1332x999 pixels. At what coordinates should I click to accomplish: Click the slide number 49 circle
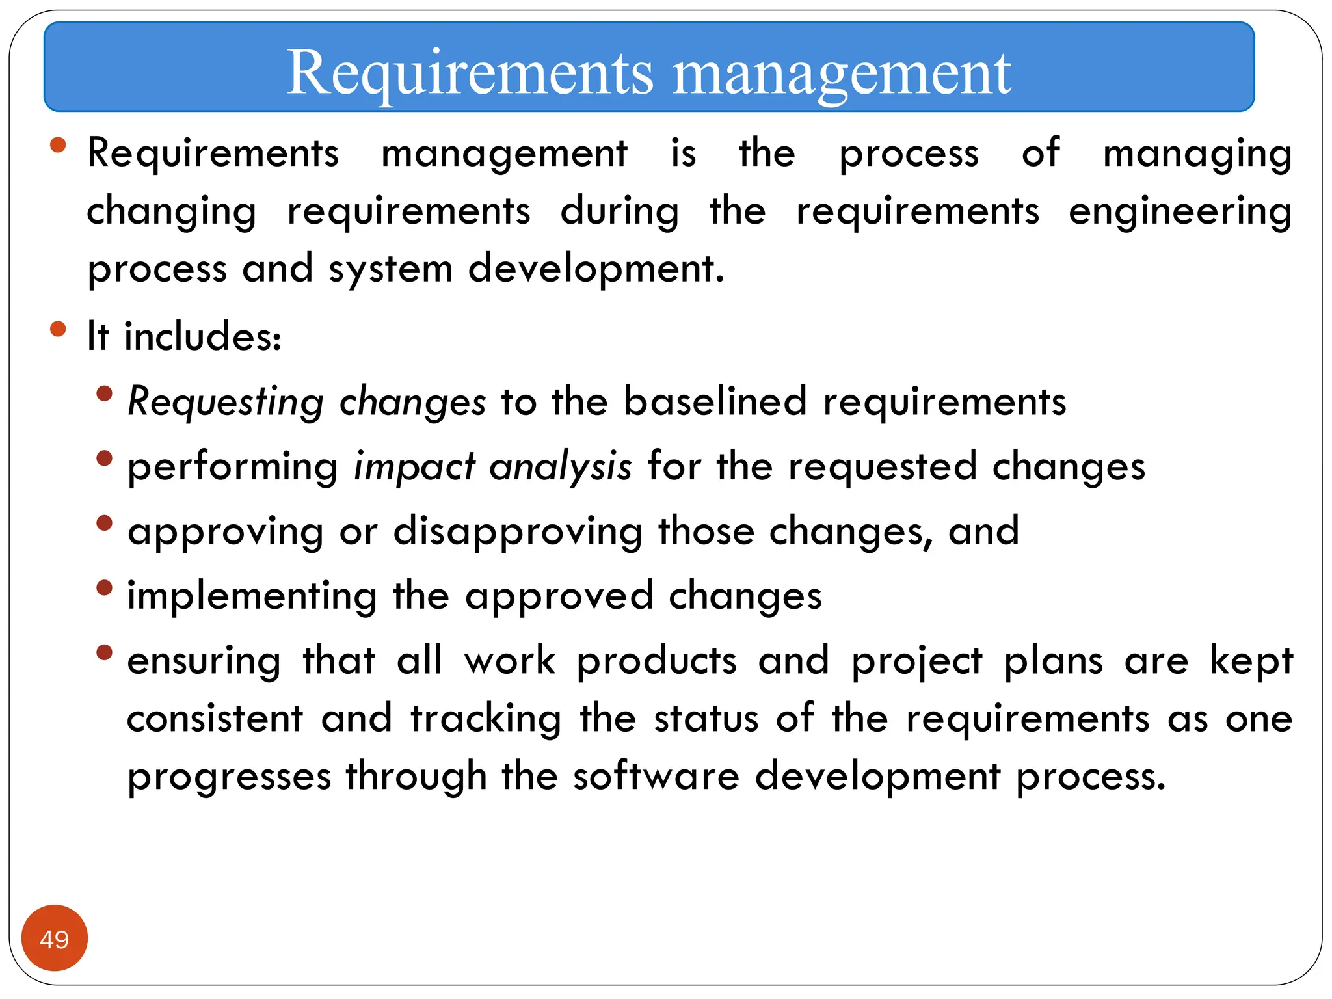point(54,938)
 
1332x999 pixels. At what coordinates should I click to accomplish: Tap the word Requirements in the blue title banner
point(470,74)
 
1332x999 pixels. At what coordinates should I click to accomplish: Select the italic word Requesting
point(225,403)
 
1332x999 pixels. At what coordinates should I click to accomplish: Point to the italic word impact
point(414,467)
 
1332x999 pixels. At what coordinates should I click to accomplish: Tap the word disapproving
point(518,532)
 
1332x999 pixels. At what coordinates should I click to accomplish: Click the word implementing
point(252,596)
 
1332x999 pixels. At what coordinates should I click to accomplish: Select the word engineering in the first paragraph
point(1180,213)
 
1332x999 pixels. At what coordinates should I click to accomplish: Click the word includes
point(202,336)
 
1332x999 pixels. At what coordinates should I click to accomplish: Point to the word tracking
point(486,719)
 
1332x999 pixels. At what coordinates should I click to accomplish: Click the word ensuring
point(204,662)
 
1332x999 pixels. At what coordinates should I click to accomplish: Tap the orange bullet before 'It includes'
point(58,328)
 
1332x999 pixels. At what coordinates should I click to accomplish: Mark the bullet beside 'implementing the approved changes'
point(104,587)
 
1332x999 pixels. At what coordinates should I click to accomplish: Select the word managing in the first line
point(1197,155)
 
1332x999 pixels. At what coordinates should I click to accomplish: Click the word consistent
point(215,719)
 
